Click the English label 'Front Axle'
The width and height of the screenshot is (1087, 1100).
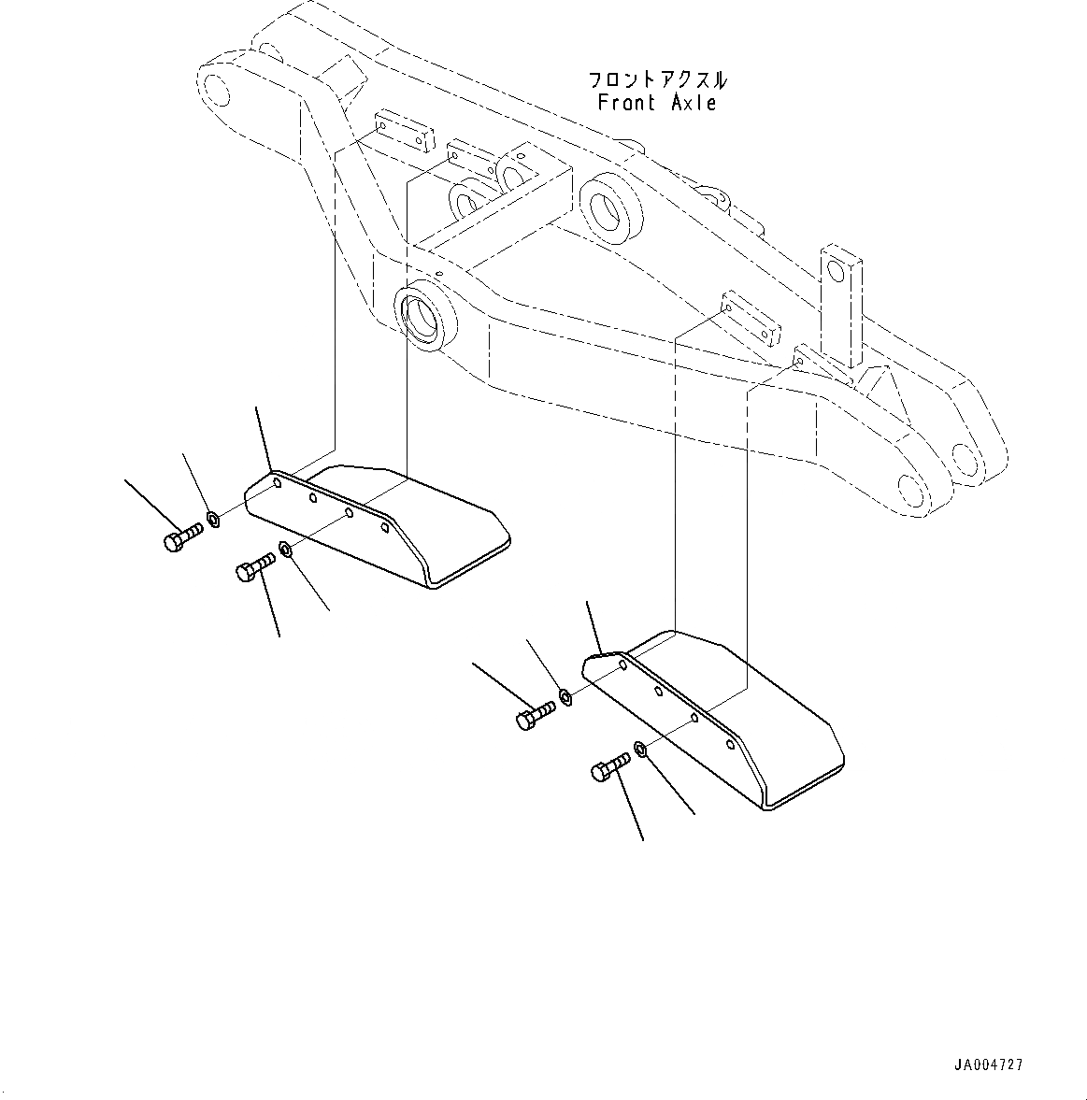[x=657, y=103]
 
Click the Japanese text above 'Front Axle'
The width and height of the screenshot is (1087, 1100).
[x=657, y=79]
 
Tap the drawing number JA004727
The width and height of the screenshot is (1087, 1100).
[x=988, y=1064]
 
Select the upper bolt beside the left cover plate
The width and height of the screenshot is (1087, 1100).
[x=183, y=537]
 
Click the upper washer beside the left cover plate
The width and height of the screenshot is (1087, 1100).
[x=213, y=518]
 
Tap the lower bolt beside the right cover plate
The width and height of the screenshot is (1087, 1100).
[x=609, y=768]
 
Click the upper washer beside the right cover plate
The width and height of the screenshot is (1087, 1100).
[x=565, y=696]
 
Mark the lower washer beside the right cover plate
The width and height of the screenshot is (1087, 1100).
[x=640, y=748]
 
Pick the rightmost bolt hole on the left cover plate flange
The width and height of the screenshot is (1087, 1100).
[x=384, y=528]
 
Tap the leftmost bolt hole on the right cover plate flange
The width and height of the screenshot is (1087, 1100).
[x=622, y=666]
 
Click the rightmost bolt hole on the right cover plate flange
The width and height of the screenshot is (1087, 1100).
[x=730, y=745]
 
